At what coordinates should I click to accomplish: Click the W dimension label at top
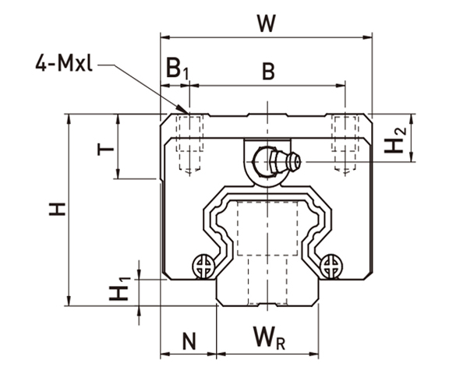[267, 23]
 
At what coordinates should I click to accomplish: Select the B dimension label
[267, 72]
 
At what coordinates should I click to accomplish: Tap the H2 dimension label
[398, 141]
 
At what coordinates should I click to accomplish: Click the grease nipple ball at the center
[265, 162]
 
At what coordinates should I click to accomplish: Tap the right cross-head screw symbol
[330, 266]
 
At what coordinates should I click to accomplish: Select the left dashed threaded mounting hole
[190, 143]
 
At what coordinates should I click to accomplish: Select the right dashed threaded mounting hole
[344, 143]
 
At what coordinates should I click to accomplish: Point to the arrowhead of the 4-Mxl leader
[187, 110]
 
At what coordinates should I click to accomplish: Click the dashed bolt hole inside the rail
[267, 249]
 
